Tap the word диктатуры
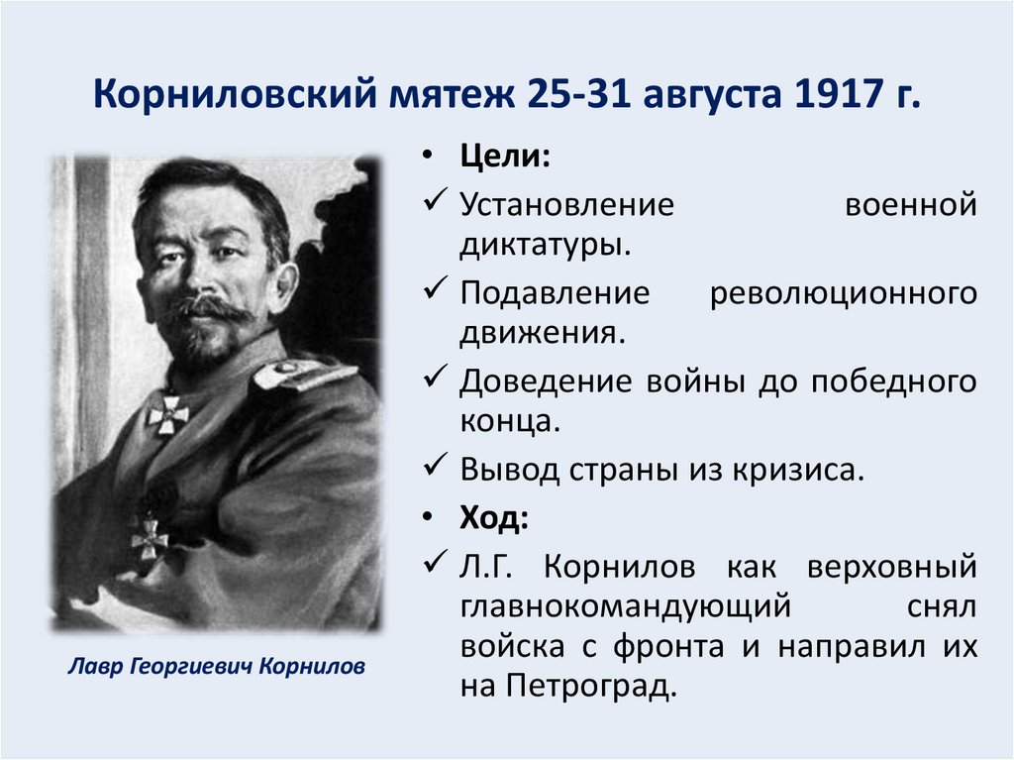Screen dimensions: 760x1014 pyautogui.click(x=544, y=244)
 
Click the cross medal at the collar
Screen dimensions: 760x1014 pyautogui.click(x=168, y=411)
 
